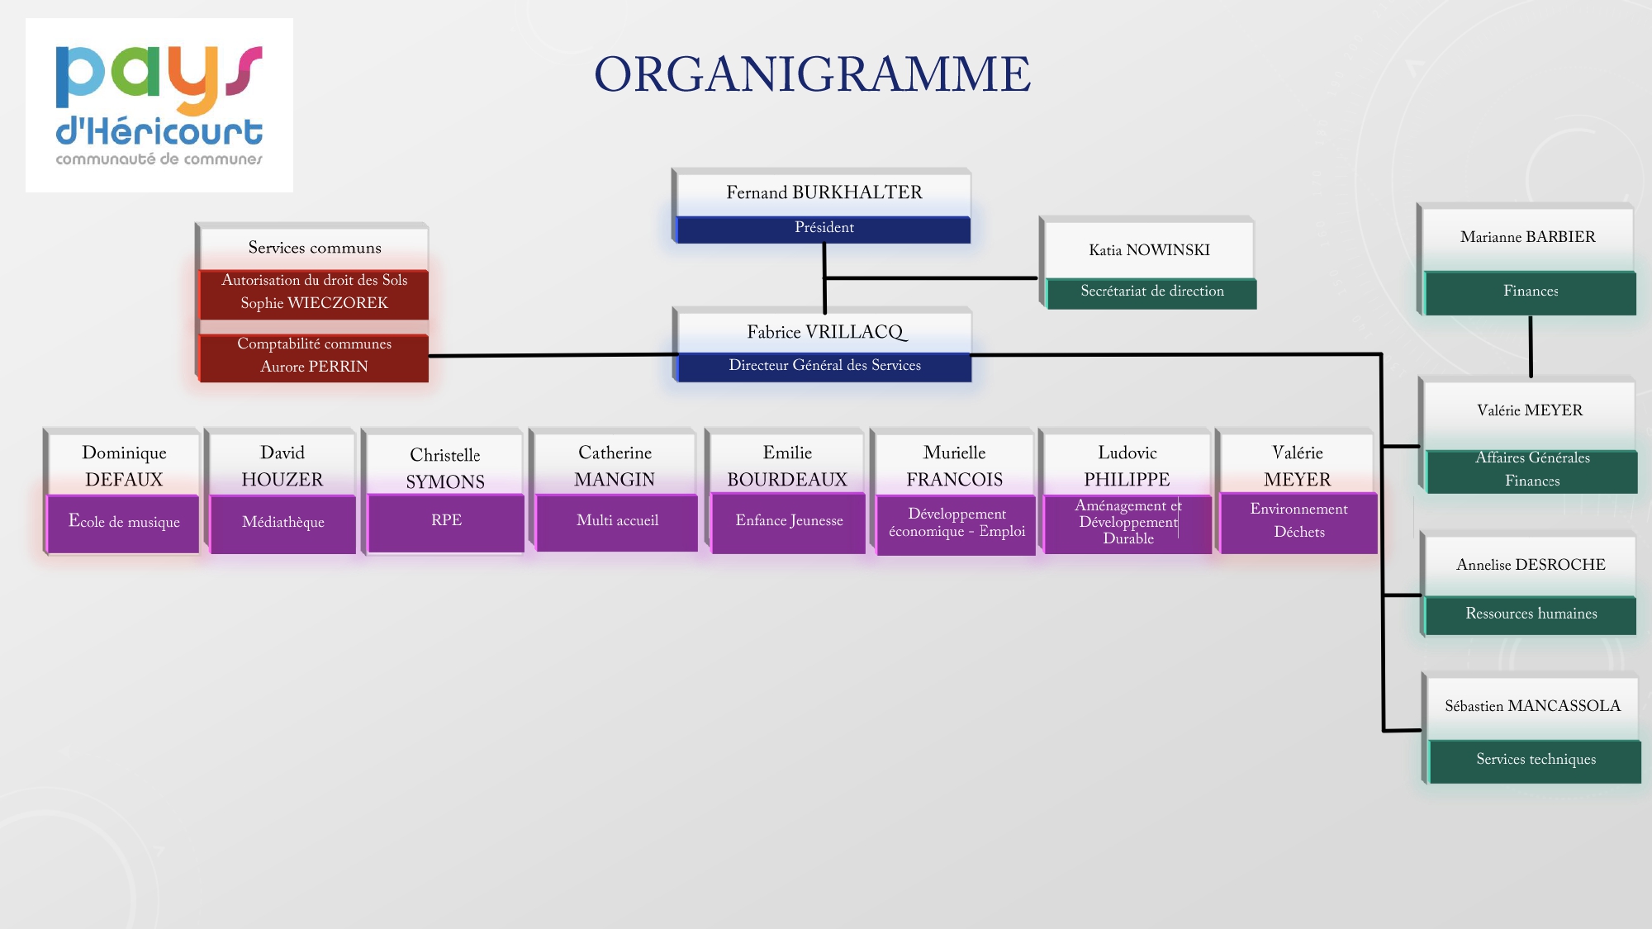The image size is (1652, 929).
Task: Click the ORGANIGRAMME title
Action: coord(812,74)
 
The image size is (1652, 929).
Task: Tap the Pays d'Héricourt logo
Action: coord(159,105)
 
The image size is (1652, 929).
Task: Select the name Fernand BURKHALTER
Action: coord(824,192)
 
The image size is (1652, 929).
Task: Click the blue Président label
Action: coord(824,228)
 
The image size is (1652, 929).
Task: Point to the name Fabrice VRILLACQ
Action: coord(825,332)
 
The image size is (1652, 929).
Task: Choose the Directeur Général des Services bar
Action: coord(824,366)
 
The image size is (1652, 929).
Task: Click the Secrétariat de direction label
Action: coord(1151,291)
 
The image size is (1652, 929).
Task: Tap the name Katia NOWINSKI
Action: coord(1149,250)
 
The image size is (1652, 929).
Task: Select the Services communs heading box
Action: coord(315,248)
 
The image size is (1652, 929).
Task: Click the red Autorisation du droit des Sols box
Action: coord(314,292)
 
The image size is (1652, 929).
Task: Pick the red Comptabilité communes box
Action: coord(314,356)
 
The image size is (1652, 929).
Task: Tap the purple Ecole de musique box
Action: coord(124,522)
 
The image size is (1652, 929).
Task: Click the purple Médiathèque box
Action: coord(282,522)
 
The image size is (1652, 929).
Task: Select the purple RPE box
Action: coord(446,521)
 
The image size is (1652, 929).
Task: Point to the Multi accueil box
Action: coord(617,521)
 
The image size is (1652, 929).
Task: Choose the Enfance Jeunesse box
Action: coord(789,521)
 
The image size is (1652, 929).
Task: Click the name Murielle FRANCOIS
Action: coord(954,466)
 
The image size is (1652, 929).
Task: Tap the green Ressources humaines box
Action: coord(1531,614)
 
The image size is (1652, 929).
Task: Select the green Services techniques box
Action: coord(1536,760)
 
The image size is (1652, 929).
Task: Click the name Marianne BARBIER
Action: coord(1527,237)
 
